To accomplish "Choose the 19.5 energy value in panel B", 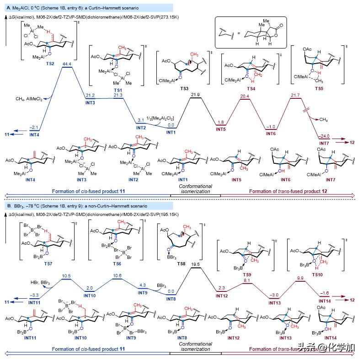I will click(195, 264).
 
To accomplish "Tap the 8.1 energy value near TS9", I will click(247, 280).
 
